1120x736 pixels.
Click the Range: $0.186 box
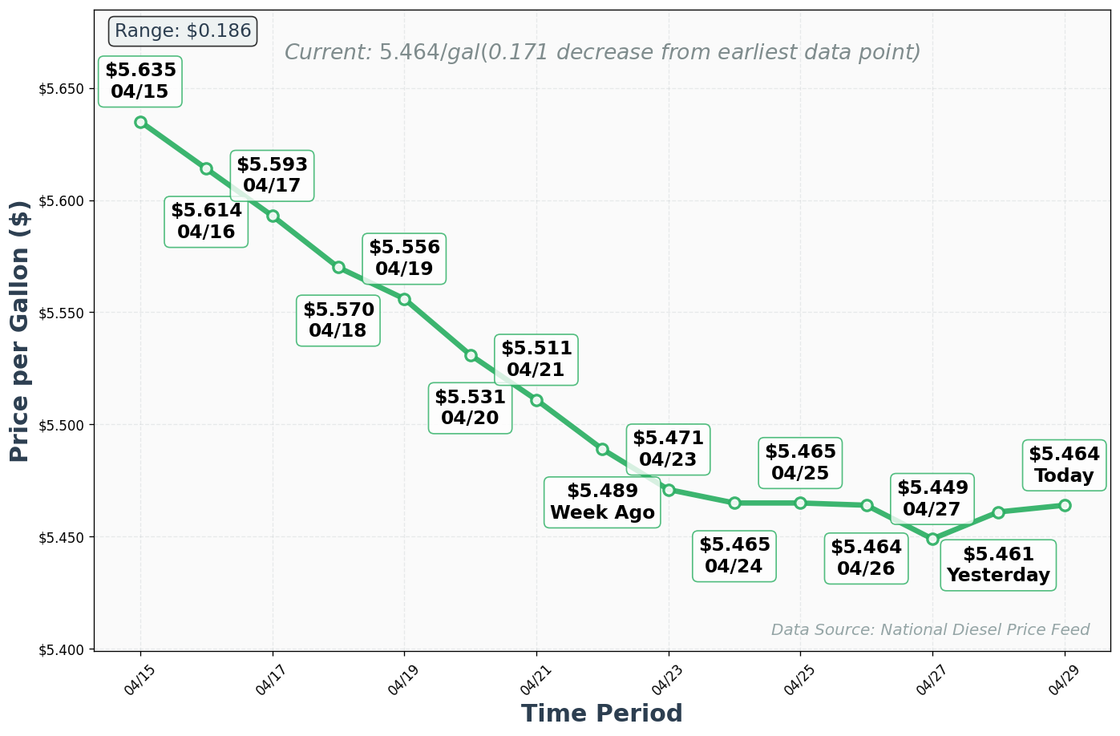tap(182, 31)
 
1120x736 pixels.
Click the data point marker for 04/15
tap(140, 122)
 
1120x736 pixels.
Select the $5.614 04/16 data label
tap(206, 221)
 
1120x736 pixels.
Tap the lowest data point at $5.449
tap(932, 539)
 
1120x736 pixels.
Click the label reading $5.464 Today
tap(1064, 465)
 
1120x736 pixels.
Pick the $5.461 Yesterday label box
tap(998, 564)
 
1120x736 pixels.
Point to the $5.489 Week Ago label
tap(602, 502)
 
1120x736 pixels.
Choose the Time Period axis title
tap(601, 713)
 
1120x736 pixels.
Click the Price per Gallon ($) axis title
tap(20, 330)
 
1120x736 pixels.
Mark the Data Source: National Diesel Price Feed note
tap(930, 629)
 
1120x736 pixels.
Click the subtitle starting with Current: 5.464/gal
tap(602, 53)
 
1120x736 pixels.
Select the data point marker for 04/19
tap(404, 299)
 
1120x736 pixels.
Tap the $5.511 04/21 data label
tap(536, 359)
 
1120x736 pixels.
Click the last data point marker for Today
tap(1065, 505)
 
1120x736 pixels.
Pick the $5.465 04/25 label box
tap(800, 463)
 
